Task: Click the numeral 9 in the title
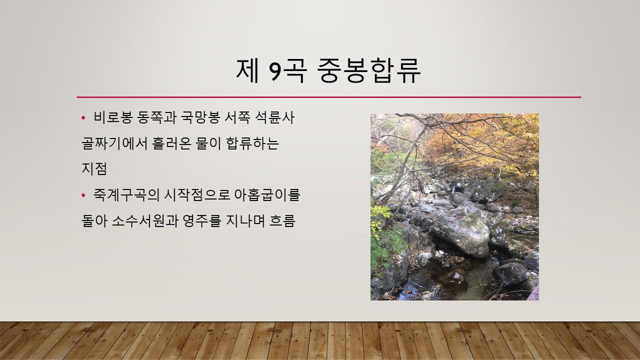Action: click(x=276, y=70)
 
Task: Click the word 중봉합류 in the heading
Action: click(x=369, y=70)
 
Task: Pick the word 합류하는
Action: click(x=252, y=143)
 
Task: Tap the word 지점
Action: click(x=94, y=169)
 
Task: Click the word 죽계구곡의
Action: click(x=126, y=195)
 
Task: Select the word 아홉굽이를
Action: click(x=267, y=195)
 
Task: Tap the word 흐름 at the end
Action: click(x=282, y=220)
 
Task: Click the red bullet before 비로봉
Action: click(x=83, y=117)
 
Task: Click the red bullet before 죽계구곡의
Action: click(x=83, y=195)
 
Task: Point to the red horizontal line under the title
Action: click(x=329, y=97)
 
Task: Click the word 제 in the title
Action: click(x=247, y=70)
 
